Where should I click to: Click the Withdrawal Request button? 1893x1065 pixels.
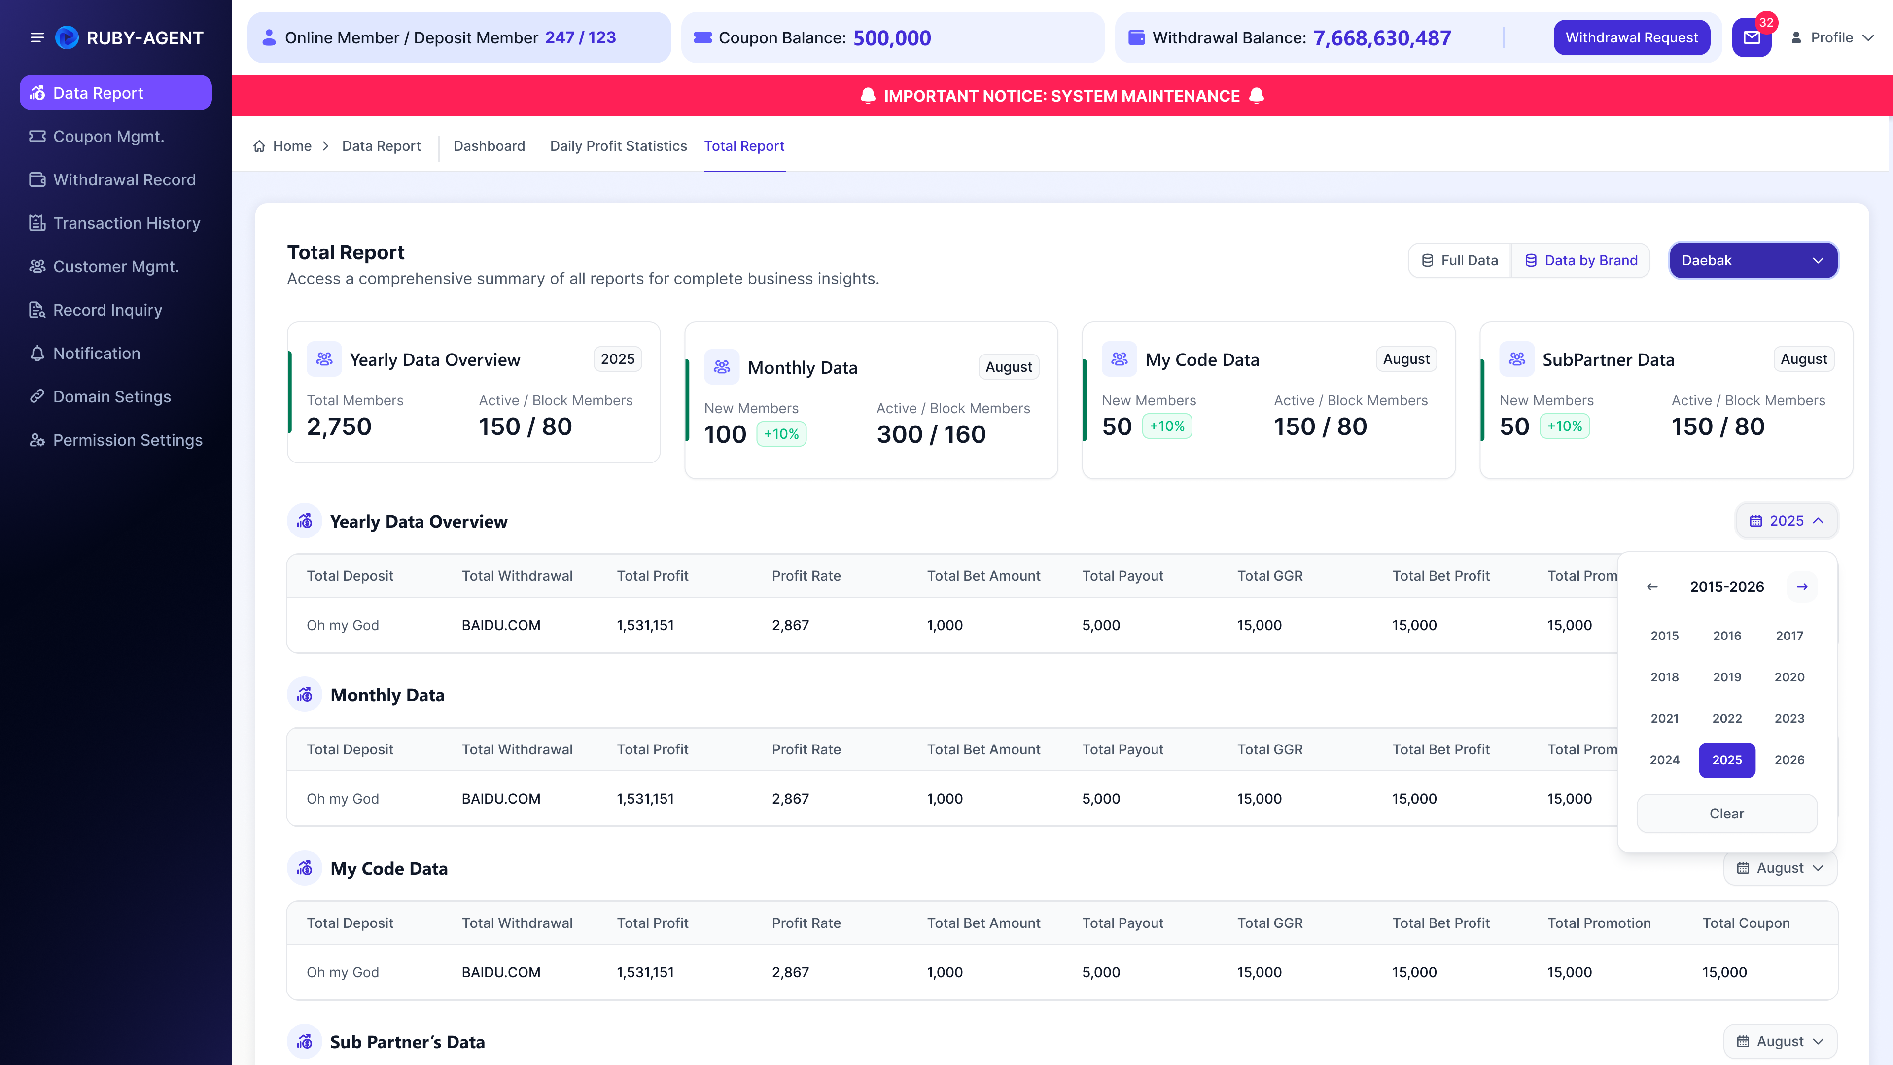click(x=1631, y=37)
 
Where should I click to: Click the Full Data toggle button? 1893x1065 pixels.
click(x=1459, y=260)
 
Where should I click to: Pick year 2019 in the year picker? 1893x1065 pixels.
click(x=1727, y=677)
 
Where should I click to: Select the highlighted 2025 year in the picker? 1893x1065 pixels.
click(x=1727, y=760)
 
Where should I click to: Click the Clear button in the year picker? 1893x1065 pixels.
click(x=1727, y=814)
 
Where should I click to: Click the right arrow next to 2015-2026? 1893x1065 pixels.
click(x=1802, y=587)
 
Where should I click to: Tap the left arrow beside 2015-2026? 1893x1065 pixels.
click(x=1652, y=587)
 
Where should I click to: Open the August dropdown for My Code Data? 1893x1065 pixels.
click(x=1780, y=868)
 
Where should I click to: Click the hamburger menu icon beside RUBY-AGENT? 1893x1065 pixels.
click(x=37, y=37)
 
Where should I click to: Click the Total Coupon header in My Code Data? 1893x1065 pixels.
click(x=1746, y=923)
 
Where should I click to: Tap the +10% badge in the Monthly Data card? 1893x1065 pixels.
click(x=781, y=434)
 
